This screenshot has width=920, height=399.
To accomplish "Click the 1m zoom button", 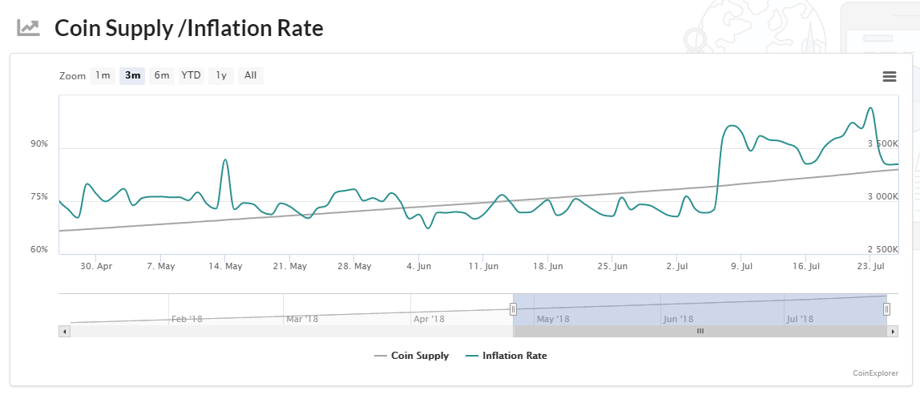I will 103,76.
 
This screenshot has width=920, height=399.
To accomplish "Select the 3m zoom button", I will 132,76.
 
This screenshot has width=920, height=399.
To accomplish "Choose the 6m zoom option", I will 162,76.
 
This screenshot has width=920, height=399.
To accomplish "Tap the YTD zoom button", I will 191,76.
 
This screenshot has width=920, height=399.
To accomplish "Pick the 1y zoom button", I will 221,76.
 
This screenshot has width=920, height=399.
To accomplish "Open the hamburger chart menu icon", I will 889,77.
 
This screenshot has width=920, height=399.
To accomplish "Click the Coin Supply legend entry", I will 412,356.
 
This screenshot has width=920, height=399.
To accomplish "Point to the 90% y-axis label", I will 39,144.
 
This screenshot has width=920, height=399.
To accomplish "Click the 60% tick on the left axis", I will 39,249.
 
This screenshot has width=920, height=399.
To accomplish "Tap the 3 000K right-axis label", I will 882,197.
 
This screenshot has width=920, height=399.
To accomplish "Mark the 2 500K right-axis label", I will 882,249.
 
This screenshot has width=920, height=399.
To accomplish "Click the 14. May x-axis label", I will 226,266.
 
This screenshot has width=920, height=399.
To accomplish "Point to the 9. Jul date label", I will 742,266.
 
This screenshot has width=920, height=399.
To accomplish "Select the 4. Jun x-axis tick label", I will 418,266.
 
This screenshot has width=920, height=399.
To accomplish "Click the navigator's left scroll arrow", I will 65,331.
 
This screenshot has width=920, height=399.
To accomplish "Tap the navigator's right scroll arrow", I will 893,331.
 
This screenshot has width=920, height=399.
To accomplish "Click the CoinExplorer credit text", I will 876,373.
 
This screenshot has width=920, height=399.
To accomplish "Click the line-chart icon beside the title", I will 29,28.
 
